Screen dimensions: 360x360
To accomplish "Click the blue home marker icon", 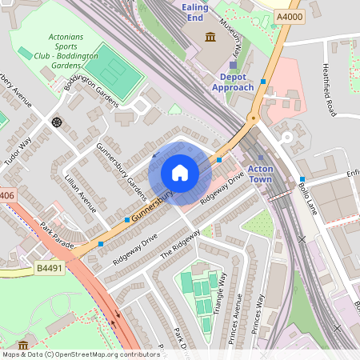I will [180, 173].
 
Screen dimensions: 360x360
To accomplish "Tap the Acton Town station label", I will [261, 174].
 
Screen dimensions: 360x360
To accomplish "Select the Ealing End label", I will [195, 11].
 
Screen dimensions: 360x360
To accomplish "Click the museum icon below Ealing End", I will [210, 37].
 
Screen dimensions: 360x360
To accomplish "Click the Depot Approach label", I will [233, 82].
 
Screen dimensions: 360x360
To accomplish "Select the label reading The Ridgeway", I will [179, 242].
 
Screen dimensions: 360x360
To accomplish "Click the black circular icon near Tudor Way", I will [57, 122].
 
